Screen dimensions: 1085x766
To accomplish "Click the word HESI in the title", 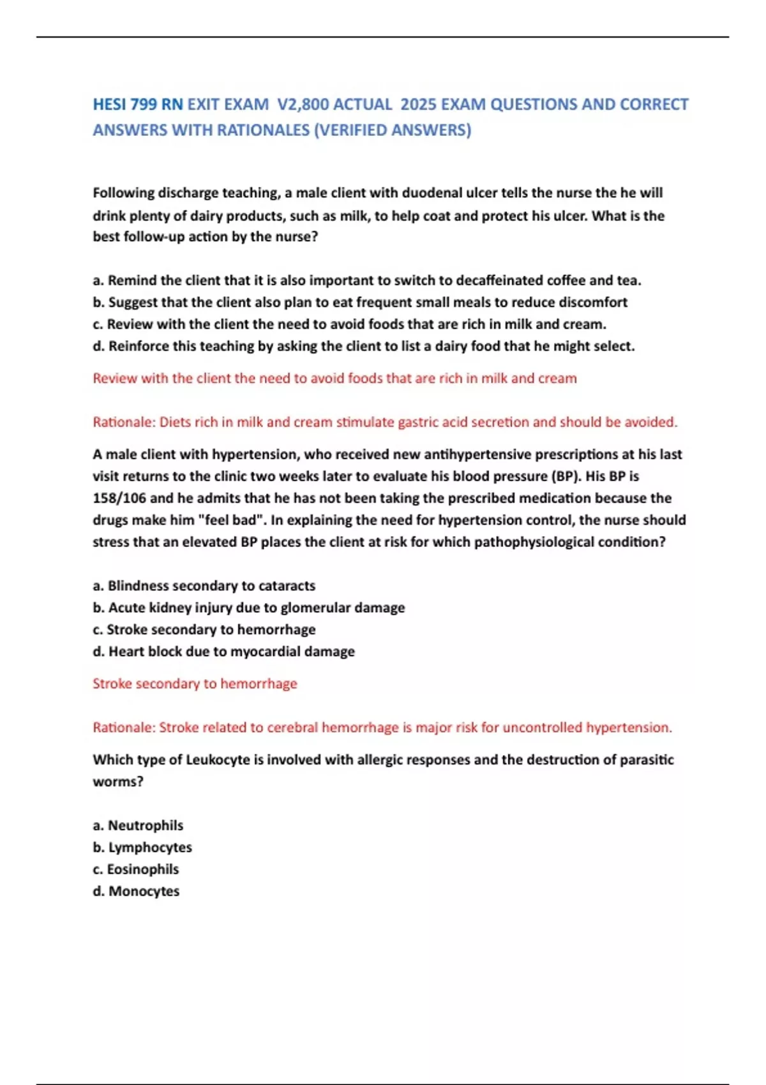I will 110,104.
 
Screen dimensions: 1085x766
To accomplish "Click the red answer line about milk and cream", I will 334,378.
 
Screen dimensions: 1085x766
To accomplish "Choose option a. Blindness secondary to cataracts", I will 204,586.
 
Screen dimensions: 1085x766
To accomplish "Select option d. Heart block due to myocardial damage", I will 223,652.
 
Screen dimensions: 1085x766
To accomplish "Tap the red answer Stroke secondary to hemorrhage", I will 195,684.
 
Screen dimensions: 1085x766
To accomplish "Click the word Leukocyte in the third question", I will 218,759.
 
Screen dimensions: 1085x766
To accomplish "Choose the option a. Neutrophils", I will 138,825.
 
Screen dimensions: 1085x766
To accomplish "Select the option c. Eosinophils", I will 135,869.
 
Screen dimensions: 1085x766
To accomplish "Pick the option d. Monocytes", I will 136,891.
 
